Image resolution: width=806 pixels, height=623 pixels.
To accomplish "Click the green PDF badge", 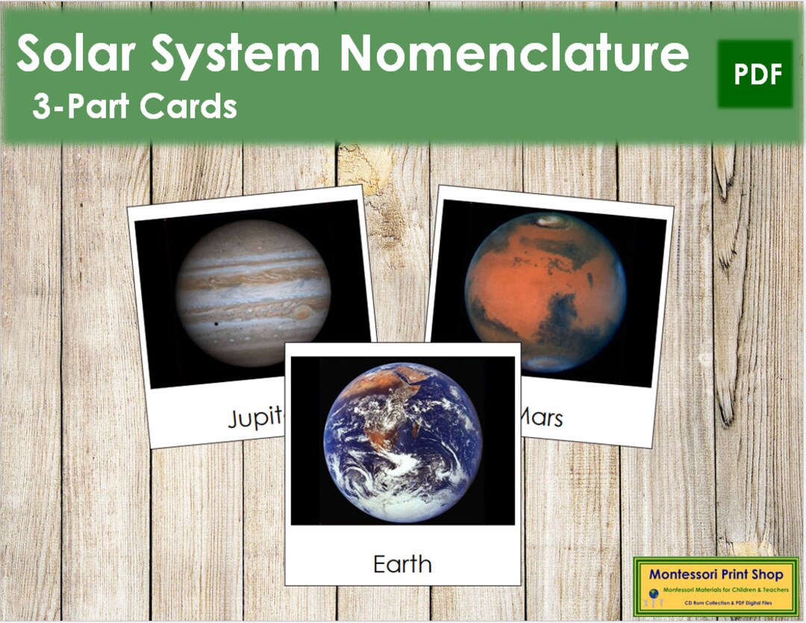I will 755,74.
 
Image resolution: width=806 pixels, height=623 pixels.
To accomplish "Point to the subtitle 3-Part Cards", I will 134,107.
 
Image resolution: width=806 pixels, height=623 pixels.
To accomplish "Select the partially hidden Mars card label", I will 543,417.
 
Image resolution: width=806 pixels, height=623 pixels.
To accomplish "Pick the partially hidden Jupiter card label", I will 256,419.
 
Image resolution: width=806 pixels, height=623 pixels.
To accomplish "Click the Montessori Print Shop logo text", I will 716,575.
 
